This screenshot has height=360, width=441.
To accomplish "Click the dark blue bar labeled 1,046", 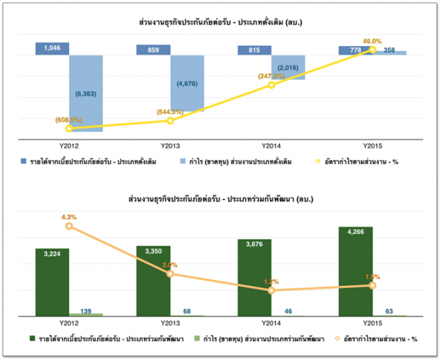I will pos(52,48).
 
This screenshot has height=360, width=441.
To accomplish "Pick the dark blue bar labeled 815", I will pos(254,50).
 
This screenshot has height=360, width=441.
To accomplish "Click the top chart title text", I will pos(220,24).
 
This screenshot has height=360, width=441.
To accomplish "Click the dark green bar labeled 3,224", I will pos(52,281).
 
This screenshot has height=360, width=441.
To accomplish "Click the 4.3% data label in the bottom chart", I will pos(68,216).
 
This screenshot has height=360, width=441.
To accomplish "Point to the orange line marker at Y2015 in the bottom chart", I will pos(372,286).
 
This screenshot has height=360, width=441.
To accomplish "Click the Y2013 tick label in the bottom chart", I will pos(170,323).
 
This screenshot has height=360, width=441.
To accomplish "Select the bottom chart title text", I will pos(220,197).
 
